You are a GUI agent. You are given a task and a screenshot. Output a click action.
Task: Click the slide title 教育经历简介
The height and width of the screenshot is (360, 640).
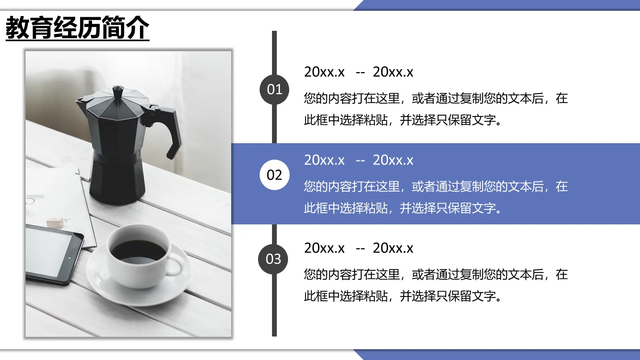pyautogui.click(x=77, y=28)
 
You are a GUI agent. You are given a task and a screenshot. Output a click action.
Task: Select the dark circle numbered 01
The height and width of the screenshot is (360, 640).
pyautogui.click(x=274, y=90)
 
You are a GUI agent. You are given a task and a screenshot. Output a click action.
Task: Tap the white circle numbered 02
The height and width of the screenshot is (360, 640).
pyautogui.click(x=274, y=175)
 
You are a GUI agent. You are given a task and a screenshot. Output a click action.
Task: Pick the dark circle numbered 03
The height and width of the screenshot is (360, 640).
pyautogui.click(x=274, y=259)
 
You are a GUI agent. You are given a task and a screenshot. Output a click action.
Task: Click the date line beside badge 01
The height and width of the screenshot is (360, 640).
pyautogui.click(x=358, y=72)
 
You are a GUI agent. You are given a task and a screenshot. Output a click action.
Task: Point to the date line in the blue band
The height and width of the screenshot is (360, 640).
pyautogui.click(x=358, y=160)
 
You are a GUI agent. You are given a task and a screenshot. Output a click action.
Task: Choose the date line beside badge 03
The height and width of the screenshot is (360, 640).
pyautogui.click(x=358, y=248)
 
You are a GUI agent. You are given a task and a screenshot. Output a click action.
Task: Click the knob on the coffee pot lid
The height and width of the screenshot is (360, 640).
pyautogui.click(x=118, y=91)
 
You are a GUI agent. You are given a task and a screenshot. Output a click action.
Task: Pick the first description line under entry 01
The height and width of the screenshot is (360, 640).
pyautogui.click(x=435, y=98)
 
